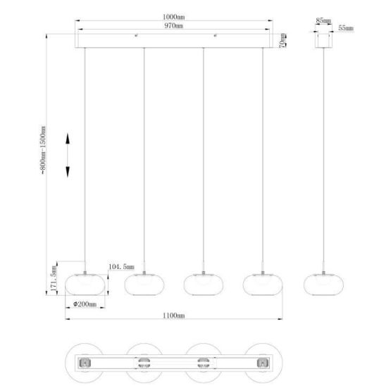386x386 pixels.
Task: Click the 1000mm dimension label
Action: (x=173, y=17)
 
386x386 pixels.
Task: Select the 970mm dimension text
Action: (x=173, y=25)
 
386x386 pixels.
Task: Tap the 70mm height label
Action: (x=283, y=40)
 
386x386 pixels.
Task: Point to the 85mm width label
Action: (x=323, y=20)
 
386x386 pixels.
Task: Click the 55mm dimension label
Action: (x=346, y=27)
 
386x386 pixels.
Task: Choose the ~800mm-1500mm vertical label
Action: (x=43, y=151)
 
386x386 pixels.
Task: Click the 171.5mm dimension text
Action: (x=54, y=278)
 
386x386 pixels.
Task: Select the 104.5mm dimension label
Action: (x=121, y=266)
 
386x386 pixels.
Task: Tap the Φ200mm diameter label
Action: (x=85, y=304)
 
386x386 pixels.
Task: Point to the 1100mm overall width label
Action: (x=173, y=316)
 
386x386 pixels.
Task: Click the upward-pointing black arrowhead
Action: (x=68, y=138)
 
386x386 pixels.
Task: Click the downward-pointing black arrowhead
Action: (x=68, y=172)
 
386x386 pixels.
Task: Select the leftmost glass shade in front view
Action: (x=85, y=285)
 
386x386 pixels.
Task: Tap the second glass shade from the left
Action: (x=144, y=285)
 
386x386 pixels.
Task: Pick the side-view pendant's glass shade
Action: (x=323, y=285)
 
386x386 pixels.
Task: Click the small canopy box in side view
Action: (x=324, y=41)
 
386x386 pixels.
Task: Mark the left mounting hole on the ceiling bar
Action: (x=136, y=36)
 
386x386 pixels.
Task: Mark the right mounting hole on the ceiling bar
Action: (x=215, y=36)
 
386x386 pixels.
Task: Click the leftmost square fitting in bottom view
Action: (x=85, y=363)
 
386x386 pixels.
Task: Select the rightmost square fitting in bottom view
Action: (x=263, y=363)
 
